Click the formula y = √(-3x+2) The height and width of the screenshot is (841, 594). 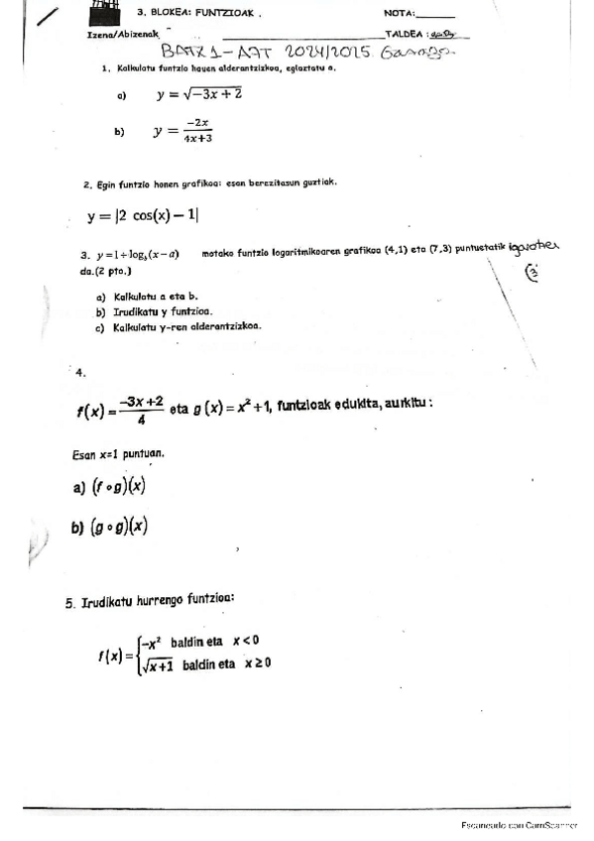[x=198, y=95]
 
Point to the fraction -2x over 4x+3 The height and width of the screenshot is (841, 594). [x=197, y=131]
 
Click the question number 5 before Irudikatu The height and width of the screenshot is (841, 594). [x=70, y=600]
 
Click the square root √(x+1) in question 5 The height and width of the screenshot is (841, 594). [x=159, y=663]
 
